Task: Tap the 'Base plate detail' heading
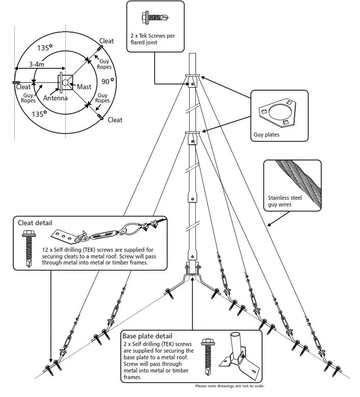148,336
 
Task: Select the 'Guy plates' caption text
267,135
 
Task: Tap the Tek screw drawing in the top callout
155,18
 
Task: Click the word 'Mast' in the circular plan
84,87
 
